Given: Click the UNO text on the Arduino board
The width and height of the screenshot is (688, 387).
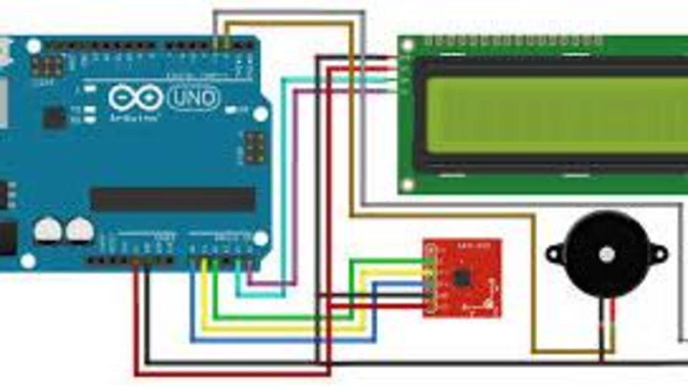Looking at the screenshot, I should click(x=193, y=98).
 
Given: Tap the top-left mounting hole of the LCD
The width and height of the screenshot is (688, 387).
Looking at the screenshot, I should click(x=407, y=45).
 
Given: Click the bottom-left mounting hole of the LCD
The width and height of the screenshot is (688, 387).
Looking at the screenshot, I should click(x=407, y=185).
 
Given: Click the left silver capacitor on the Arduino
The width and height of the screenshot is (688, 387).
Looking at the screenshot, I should click(x=47, y=230).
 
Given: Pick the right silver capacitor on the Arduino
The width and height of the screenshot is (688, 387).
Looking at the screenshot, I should click(x=80, y=230).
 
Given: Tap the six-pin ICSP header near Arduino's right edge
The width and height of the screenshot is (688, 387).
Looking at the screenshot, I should click(x=254, y=147).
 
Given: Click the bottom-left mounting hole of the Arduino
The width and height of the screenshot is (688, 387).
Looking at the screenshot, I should click(x=28, y=261).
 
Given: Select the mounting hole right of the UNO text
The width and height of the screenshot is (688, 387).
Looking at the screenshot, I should click(x=261, y=114).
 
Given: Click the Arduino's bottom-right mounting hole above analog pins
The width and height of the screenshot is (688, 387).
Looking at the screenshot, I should click(x=261, y=238).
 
